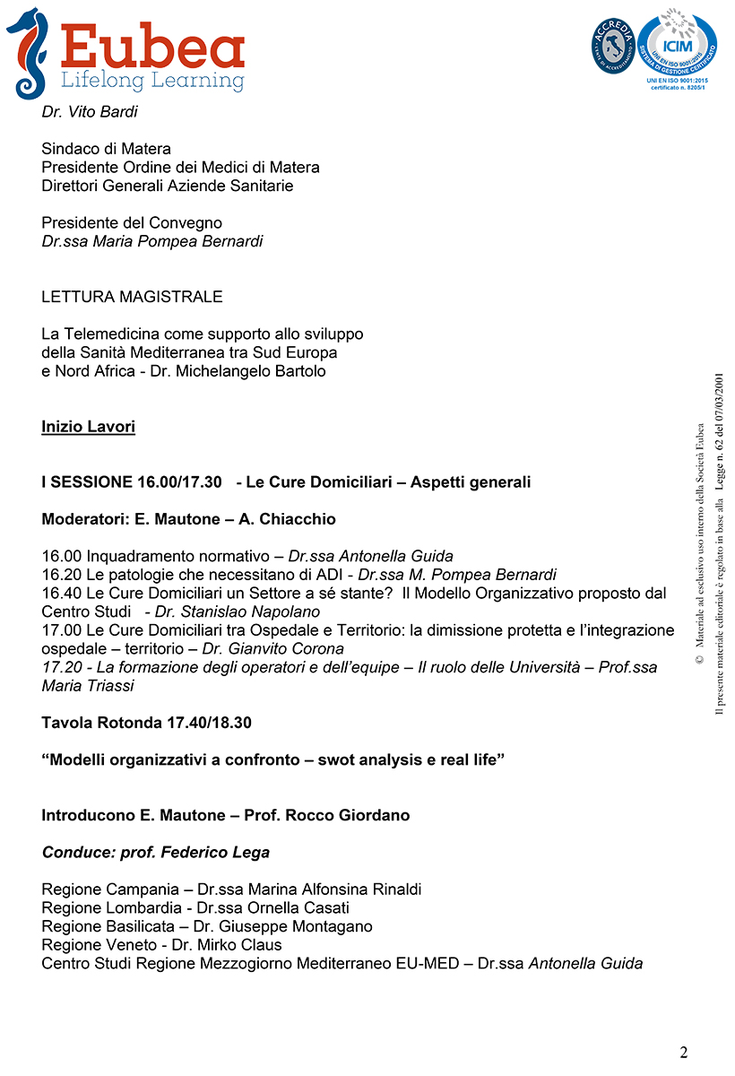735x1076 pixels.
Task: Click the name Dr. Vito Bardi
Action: [90, 112]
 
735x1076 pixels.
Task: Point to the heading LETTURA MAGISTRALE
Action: [132, 297]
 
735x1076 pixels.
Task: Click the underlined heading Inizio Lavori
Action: [88, 427]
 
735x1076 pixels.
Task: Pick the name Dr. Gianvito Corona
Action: [272, 648]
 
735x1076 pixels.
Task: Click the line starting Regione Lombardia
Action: [195, 908]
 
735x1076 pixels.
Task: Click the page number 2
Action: [684, 1052]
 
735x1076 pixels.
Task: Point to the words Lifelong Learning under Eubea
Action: [152, 81]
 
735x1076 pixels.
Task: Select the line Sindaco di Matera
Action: [106, 149]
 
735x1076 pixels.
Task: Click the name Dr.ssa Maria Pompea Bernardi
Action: [152, 241]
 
